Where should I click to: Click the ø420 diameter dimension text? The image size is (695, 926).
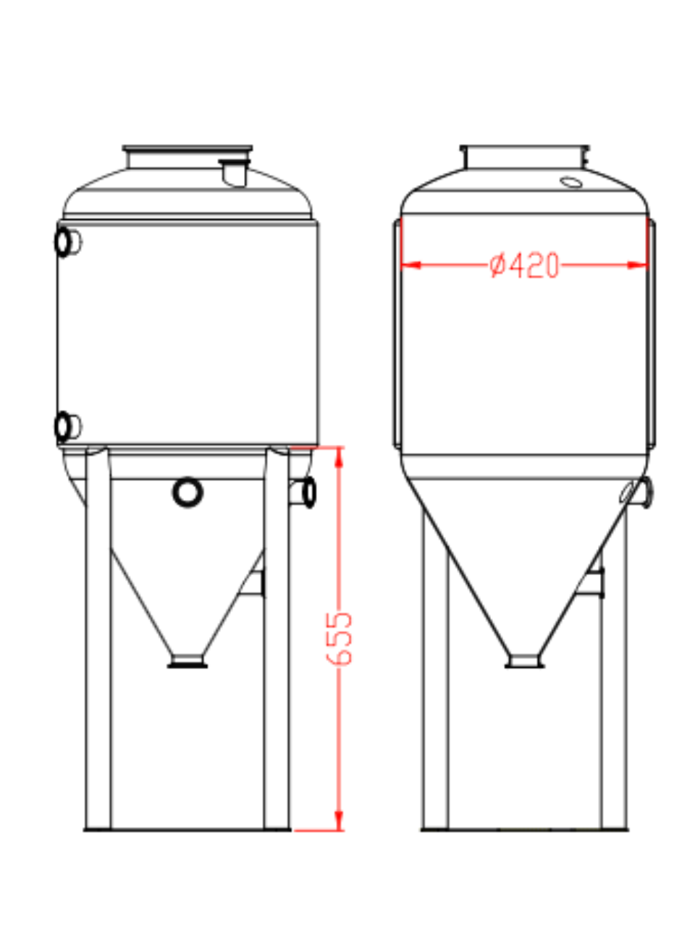[x=524, y=266]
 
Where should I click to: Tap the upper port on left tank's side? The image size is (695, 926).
[x=66, y=242]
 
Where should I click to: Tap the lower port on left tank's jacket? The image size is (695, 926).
[x=66, y=426]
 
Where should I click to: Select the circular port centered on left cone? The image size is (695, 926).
[x=188, y=492]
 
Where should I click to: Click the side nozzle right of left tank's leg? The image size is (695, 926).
[x=304, y=493]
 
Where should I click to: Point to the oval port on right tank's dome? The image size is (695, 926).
[x=571, y=182]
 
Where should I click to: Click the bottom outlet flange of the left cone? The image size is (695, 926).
[x=188, y=660]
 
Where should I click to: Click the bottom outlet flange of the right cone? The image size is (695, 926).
[x=524, y=660]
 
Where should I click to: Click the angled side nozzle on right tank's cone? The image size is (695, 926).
[x=639, y=492]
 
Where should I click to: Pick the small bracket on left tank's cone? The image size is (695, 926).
[x=255, y=583]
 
